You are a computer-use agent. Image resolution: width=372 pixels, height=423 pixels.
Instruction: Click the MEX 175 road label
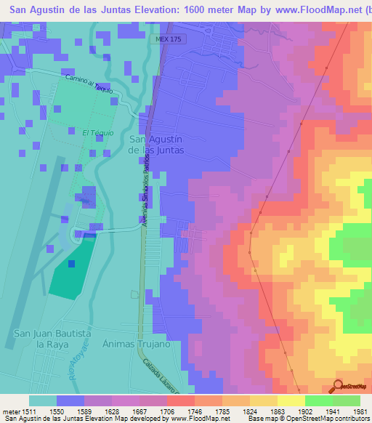coord(169,39)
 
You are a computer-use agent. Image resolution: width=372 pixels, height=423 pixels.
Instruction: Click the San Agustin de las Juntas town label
coord(155,144)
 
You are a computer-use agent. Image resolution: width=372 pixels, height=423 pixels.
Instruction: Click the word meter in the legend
coord(9,411)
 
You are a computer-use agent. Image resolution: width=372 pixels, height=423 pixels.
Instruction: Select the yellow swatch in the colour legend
coord(291,400)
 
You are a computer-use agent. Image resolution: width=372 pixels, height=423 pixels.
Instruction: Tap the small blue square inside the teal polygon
coord(71,264)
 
